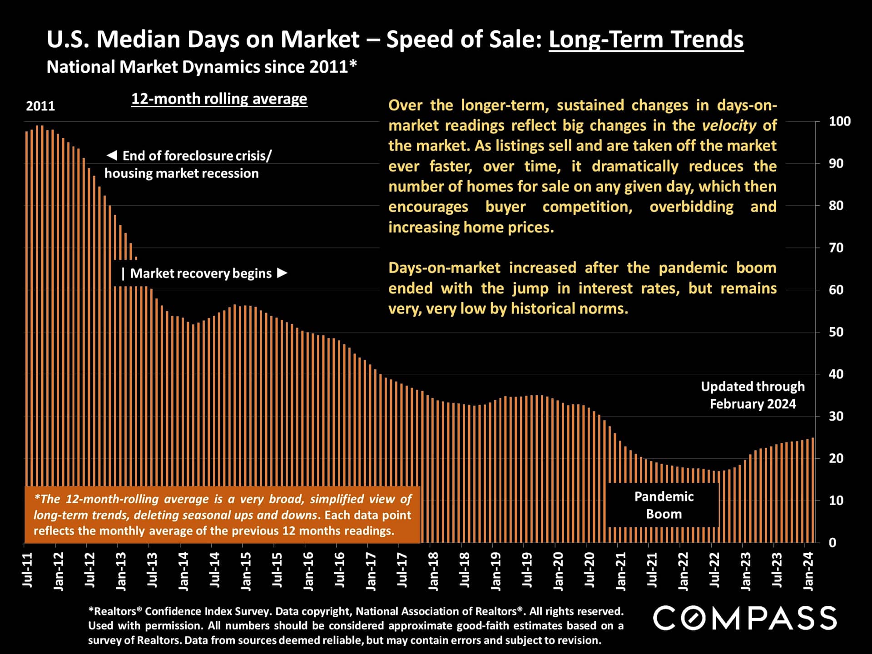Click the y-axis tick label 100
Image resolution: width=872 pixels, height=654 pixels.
coord(839,121)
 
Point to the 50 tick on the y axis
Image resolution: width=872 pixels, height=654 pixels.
coord(836,332)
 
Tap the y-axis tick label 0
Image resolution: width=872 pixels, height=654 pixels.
coord(832,543)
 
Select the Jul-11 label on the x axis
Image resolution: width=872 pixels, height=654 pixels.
coord(28,570)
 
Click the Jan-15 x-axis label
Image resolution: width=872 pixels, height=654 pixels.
coord(246,571)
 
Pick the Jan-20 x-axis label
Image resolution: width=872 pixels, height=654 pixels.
coord(558,571)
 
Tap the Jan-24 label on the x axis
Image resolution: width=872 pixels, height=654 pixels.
coord(808,571)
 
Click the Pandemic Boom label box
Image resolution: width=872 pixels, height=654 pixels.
coord(664,505)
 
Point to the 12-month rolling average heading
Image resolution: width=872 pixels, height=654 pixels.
coord(219,99)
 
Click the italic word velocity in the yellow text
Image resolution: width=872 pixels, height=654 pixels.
coord(729,125)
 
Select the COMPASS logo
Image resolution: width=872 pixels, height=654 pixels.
coord(744,618)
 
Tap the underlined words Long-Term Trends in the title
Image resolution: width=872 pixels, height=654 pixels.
coord(646,40)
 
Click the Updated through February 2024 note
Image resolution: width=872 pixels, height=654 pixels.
coord(753,395)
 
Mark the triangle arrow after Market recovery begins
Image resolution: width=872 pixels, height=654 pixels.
coord(282,273)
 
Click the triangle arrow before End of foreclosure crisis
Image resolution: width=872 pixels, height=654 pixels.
coord(112,155)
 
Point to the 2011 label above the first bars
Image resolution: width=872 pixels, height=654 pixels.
coord(40,106)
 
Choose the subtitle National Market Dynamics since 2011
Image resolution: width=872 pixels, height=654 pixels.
coord(202,67)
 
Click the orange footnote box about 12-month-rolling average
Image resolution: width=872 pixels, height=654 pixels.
coord(222,515)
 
